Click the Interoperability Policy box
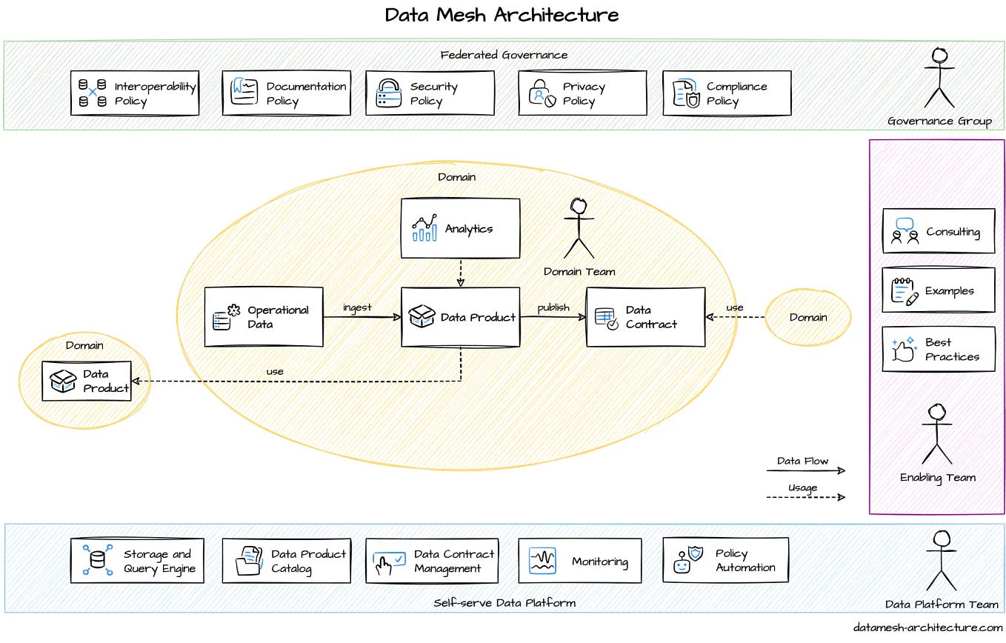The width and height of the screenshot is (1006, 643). [135, 93]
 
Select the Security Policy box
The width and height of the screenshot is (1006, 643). [430, 93]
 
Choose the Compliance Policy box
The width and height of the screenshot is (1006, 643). [727, 93]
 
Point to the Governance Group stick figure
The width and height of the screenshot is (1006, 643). [939, 79]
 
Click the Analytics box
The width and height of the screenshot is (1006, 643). [460, 228]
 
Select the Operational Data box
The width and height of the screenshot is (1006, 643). [264, 317]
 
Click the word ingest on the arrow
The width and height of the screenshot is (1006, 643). [357, 307]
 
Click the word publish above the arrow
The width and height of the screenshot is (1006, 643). [553, 307]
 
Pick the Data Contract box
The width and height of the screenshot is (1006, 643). [645, 317]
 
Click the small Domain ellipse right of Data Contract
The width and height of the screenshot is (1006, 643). [807, 317]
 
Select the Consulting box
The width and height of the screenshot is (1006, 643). [938, 231]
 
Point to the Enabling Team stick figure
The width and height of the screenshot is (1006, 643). [936, 434]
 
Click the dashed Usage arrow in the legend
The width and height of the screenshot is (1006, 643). [805, 497]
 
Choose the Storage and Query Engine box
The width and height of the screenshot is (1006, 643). [137, 561]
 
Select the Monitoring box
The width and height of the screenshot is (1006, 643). [579, 561]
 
